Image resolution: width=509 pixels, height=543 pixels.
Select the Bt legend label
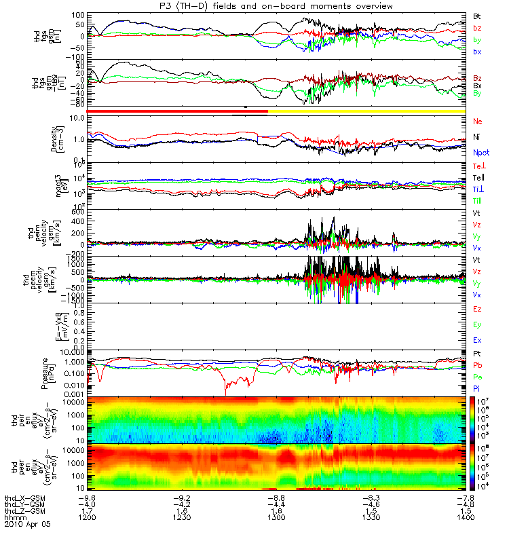(478, 15)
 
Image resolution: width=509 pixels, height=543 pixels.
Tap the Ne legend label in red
(478, 121)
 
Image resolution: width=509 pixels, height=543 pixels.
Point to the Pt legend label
(478, 354)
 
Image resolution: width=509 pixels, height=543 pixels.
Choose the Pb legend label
(478, 366)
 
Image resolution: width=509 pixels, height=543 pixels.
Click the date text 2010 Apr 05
(27, 525)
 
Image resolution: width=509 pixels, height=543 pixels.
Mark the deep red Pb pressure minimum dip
(226, 392)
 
